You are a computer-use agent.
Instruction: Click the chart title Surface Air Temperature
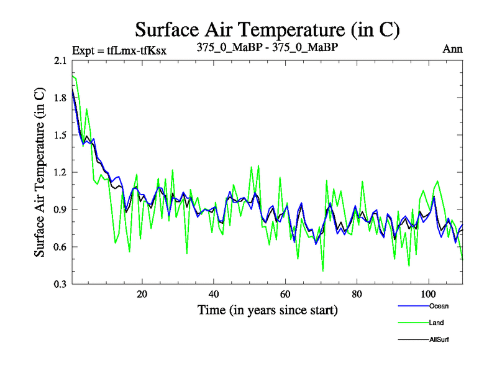click(267, 29)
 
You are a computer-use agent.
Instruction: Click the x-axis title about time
click(267, 310)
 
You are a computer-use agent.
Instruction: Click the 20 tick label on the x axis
click(142, 294)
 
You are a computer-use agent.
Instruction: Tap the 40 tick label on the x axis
click(214, 294)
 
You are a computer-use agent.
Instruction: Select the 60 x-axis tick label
click(285, 294)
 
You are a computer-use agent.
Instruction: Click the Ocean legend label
click(438, 306)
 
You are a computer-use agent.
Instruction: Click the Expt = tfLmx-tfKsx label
click(119, 50)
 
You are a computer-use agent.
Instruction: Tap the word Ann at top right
click(452, 49)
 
